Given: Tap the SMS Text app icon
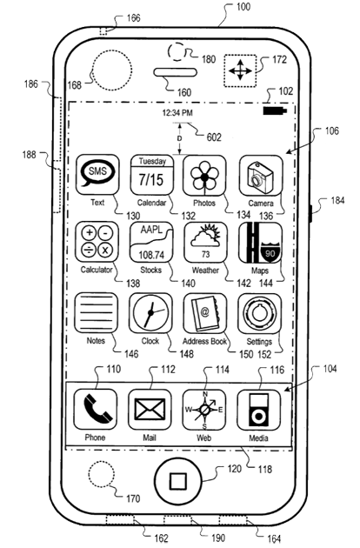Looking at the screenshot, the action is click(x=97, y=175).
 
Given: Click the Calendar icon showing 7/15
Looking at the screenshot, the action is click(x=152, y=175).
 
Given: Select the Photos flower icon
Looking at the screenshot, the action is click(x=204, y=176).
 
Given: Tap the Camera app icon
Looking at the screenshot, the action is click(x=261, y=176).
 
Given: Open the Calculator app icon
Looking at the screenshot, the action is click(x=97, y=242).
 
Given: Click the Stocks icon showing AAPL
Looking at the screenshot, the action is click(x=151, y=242).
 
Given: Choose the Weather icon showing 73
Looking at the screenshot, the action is click(x=205, y=242).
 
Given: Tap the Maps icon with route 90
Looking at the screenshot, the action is click(x=260, y=243).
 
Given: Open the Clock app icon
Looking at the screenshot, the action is click(x=150, y=313).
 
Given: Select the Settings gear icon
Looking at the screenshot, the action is click(x=260, y=313).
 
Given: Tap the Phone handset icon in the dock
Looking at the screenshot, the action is click(x=96, y=410).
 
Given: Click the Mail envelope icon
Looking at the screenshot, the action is click(x=150, y=410).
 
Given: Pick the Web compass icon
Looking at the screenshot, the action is click(x=204, y=411).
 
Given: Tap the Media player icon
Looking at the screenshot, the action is click(x=258, y=411).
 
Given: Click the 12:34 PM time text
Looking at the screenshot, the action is click(x=177, y=113).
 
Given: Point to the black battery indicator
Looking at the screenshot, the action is click(x=275, y=110).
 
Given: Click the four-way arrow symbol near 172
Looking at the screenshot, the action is click(x=240, y=70).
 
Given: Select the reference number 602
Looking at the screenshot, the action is click(x=214, y=137).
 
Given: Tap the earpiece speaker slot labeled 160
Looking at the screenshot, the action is click(x=176, y=73).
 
